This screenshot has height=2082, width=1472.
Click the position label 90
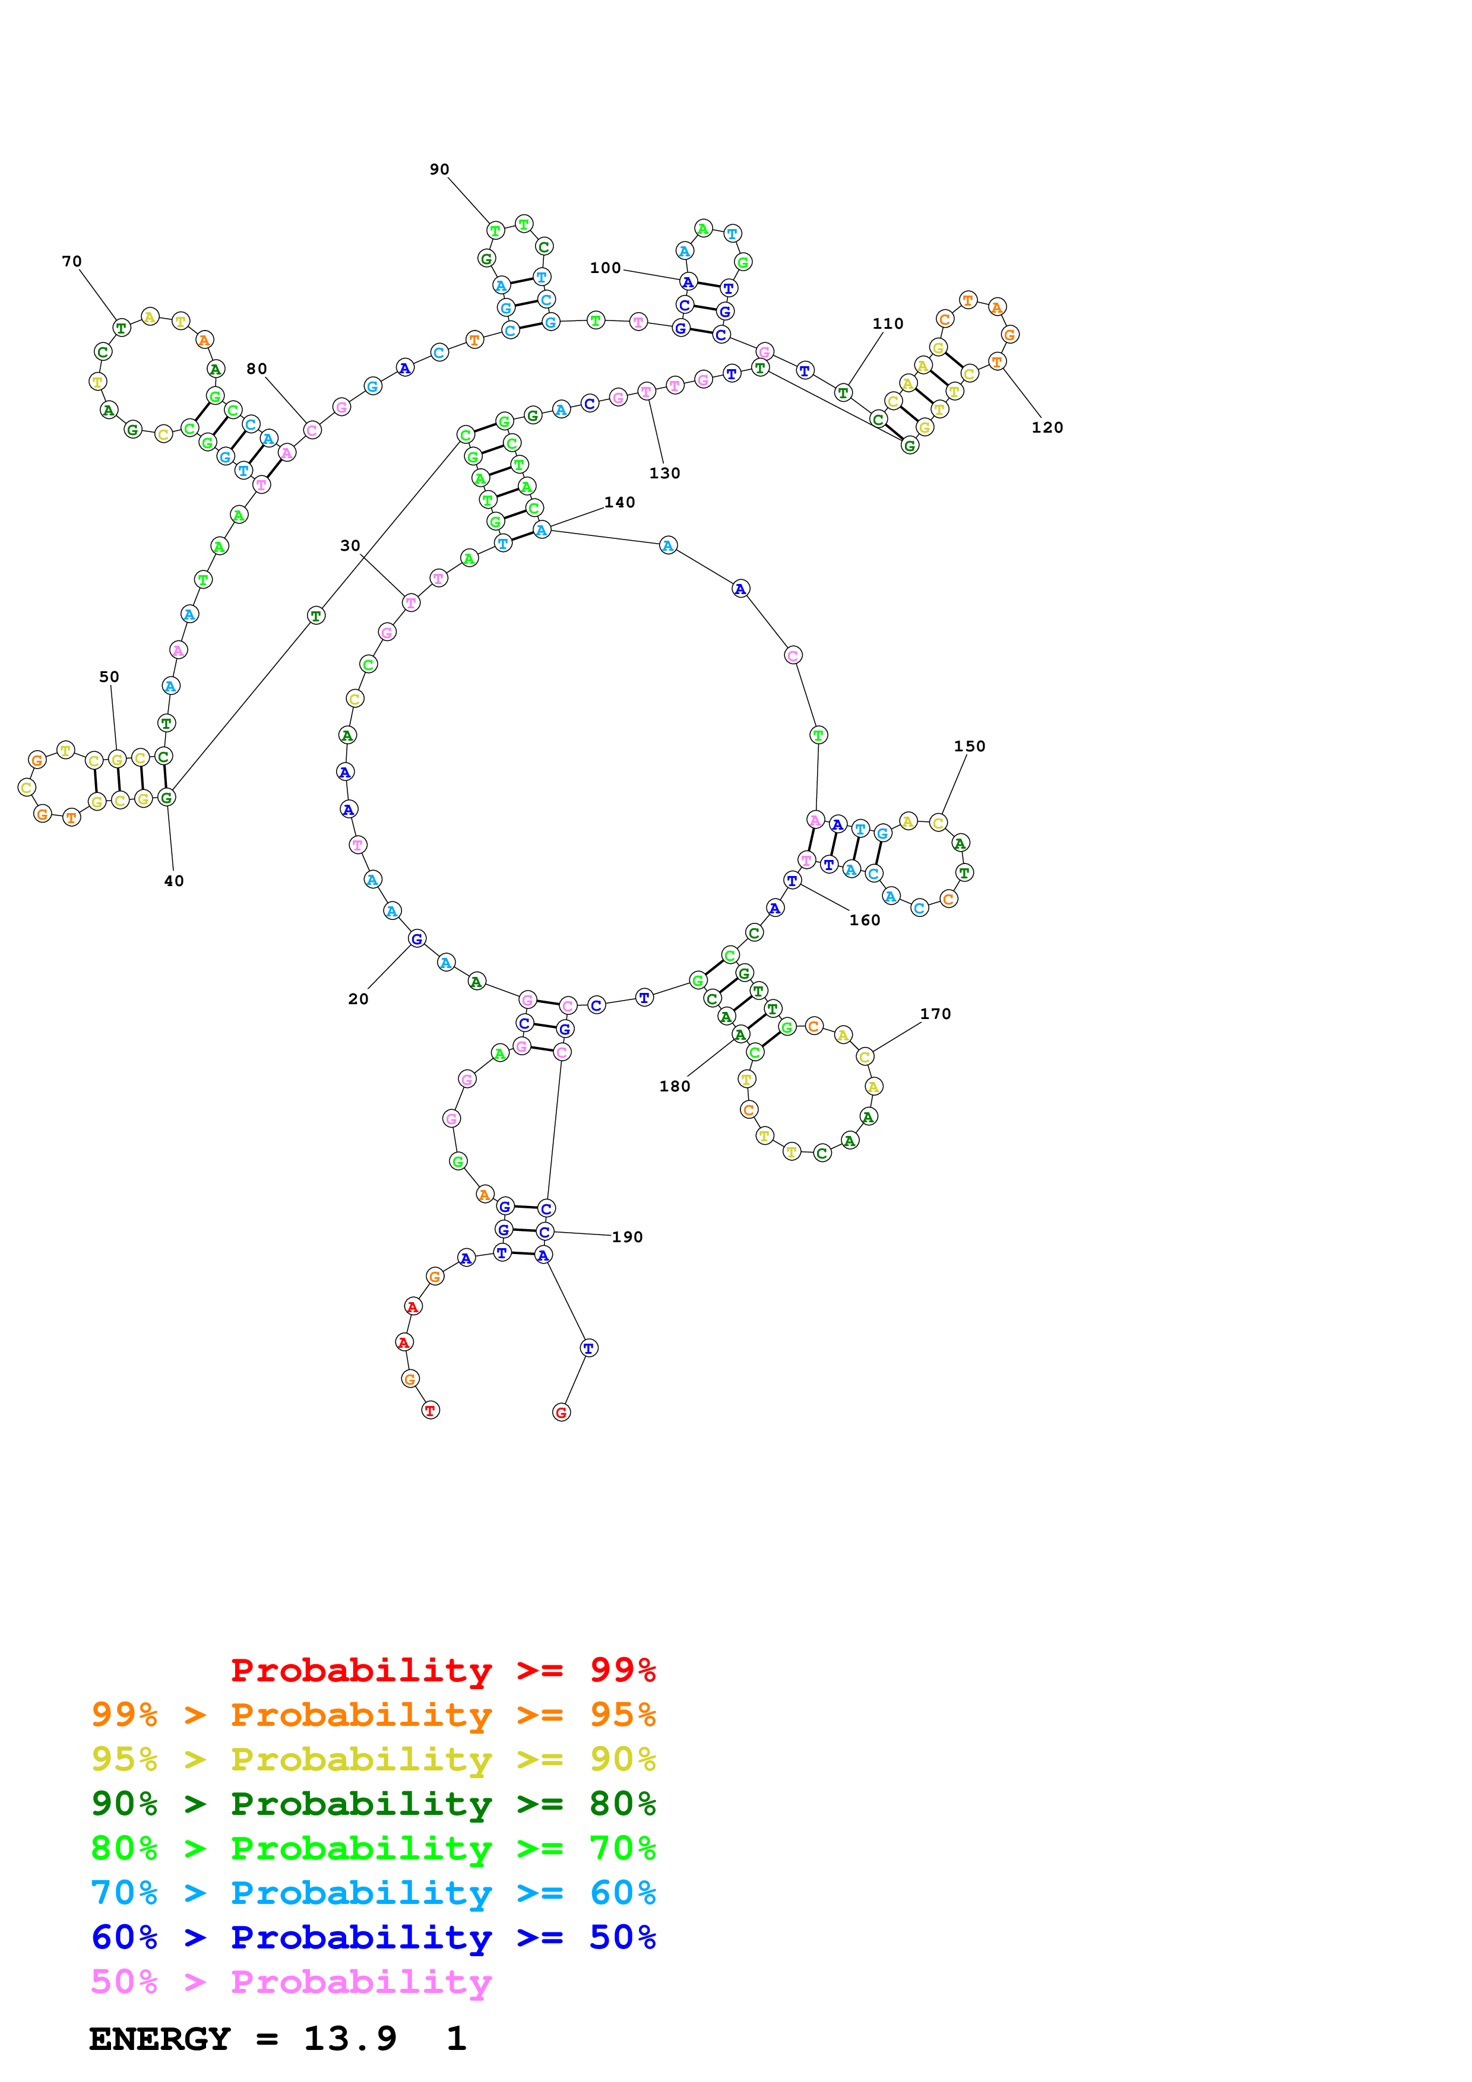pos(439,170)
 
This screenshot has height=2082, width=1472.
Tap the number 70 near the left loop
pos(72,261)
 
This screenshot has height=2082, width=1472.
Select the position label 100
pos(605,268)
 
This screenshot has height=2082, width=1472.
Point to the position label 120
pos(1047,427)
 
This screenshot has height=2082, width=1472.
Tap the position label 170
pos(935,1013)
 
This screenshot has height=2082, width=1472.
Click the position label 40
pos(173,881)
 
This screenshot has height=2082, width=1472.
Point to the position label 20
pos(358,998)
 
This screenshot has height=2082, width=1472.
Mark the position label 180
pos(674,1086)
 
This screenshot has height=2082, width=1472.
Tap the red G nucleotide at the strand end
pos(561,1412)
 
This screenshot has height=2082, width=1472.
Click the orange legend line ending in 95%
pos(373,1715)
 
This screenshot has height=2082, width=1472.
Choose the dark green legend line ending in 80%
pos(373,1804)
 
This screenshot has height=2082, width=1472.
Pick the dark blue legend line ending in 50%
pos(373,1937)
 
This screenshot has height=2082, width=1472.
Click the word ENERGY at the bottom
pos(160,2039)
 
